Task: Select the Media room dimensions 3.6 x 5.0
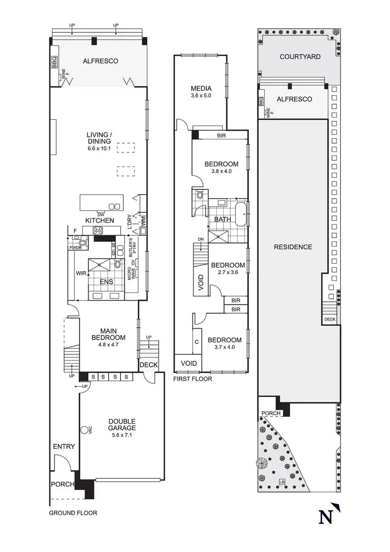pos(200,96)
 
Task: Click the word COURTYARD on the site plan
pos(300,57)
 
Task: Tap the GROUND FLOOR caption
pos(73,512)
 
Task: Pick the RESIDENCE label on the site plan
pos(293,247)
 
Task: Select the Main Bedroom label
pos(109,333)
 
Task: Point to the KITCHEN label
pos(99,221)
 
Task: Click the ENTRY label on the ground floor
pos(64,446)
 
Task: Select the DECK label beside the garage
pos(148,365)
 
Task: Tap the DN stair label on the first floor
pos(200,239)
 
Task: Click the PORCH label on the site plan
pos(271,414)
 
